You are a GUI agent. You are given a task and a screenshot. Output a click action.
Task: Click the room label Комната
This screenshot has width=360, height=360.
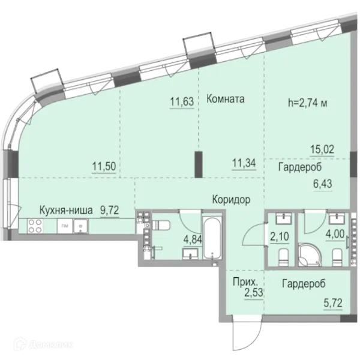pyautogui.click(x=225, y=99)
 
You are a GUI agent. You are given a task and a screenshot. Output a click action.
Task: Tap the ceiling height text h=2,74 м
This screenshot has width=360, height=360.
pyautogui.click(x=308, y=103)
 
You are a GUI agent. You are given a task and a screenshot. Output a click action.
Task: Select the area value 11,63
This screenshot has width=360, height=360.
pyautogui.click(x=182, y=101)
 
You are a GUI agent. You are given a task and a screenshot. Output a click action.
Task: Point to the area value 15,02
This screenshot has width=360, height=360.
pyautogui.click(x=322, y=149)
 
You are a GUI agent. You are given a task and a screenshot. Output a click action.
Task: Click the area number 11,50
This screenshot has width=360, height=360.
pyautogui.click(x=104, y=166)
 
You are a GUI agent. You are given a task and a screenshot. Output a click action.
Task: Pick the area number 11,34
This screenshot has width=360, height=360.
pyautogui.click(x=244, y=163)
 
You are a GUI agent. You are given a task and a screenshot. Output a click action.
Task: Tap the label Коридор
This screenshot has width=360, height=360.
pyautogui.click(x=231, y=200)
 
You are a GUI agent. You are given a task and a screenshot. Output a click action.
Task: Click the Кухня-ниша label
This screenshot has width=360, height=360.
pyautogui.click(x=66, y=210)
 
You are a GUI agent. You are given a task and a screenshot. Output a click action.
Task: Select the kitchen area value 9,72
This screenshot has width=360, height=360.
pyautogui.click(x=110, y=210)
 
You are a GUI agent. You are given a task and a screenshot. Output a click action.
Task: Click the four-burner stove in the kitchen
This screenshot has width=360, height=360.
pyautogui.click(x=35, y=226)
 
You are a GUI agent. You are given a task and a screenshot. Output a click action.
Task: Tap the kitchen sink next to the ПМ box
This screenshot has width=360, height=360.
pyautogui.click(x=80, y=226)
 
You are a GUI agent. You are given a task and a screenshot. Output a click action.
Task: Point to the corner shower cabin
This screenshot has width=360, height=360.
pyautogui.click(x=310, y=255)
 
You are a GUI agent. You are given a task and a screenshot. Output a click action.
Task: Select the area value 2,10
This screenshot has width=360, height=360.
pyautogui.click(x=280, y=236)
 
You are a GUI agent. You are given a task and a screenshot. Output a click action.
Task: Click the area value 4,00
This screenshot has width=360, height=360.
pyautogui.click(x=335, y=234)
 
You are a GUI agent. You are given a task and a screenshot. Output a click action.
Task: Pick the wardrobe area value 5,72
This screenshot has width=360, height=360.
pyautogui.click(x=333, y=303)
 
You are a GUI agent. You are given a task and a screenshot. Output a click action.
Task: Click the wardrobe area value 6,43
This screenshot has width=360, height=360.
pyautogui.click(x=323, y=184)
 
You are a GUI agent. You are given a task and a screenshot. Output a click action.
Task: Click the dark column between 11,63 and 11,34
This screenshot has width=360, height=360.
pyautogui.click(x=199, y=164)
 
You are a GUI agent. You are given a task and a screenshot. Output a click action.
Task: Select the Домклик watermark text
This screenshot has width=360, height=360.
pyautogui.click(x=44, y=344)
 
